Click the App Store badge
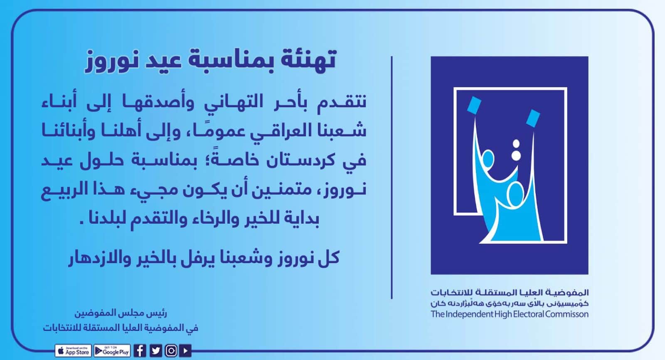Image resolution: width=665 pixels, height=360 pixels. click(x=73, y=351)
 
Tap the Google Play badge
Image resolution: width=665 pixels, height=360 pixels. click(x=112, y=351)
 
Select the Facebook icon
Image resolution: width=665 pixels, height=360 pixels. click(x=140, y=351)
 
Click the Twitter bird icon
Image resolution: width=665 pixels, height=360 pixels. click(x=155, y=351)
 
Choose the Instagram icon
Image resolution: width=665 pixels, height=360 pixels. click(x=171, y=351)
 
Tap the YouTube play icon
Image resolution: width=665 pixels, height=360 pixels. click(x=185, y=351)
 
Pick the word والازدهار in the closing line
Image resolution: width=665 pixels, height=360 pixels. click(x=96, y=259)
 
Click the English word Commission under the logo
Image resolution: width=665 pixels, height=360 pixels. click(x=566, y=314)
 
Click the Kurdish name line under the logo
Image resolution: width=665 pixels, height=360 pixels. click(x=510, y=303)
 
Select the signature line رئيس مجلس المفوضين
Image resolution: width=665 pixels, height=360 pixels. click(x=121, y=313)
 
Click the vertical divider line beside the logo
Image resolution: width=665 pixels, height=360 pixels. click(x=392, y=178)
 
